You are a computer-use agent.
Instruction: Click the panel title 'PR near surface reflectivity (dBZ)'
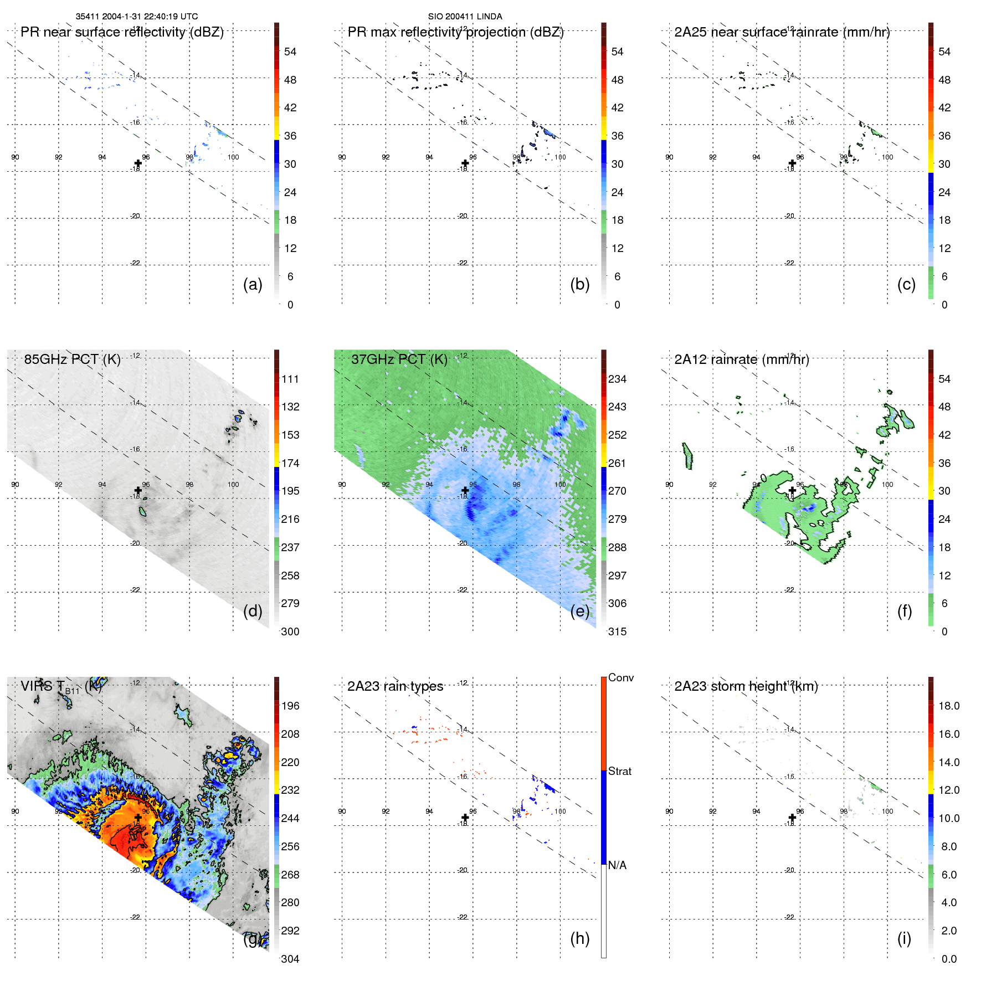[122, 32]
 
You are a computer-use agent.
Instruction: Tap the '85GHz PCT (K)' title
[72, 359]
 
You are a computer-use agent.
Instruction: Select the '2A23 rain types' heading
[395, 687]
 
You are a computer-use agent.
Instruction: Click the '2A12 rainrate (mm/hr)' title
[742, 359]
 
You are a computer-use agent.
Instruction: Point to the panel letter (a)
[253, 284]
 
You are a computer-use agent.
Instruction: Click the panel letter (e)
[580, 611]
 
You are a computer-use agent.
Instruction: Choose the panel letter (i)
[904, 938]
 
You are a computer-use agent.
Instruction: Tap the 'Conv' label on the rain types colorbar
[620, 677]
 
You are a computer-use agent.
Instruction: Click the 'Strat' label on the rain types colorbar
[619, 771]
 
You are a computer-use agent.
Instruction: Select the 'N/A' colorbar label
[617, 865]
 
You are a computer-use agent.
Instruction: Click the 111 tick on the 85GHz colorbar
[290, 379]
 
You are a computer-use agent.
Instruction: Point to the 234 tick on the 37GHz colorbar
[617, 379]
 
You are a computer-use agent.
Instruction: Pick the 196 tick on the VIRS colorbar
[290, 706]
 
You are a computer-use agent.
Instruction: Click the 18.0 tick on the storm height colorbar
[949, 706]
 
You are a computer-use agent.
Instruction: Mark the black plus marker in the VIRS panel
[138, 818]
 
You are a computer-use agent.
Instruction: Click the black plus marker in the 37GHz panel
[465, 490]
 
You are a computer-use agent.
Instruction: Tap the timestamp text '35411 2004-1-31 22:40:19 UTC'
[137, 17]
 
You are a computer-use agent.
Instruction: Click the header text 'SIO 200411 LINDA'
[465, 17]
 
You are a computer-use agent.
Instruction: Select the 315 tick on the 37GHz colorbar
[617, 631]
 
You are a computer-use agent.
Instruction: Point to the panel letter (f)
[904, 611]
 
